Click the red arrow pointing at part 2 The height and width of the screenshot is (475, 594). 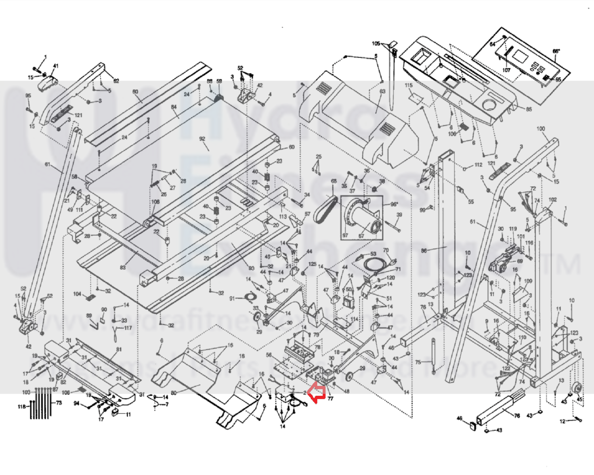317,393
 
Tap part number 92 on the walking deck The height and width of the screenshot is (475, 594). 202,139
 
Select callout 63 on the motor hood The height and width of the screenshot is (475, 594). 382,92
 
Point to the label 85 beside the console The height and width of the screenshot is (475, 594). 529,109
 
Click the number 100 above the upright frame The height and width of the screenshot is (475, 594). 541,129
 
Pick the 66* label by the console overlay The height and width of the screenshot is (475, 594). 556,52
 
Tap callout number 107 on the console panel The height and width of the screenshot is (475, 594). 506,70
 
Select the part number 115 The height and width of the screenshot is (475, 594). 409,85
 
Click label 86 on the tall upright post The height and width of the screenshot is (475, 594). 424,250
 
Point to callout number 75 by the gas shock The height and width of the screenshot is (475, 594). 418,362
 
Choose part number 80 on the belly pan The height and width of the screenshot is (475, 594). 174,393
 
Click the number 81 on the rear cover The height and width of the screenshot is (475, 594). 118,349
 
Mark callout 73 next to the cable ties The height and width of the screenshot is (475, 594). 59,403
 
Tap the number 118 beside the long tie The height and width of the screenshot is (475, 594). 22,406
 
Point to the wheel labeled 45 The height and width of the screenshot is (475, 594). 577,389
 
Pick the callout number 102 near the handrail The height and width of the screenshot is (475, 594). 552,200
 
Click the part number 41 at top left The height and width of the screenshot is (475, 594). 55,66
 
